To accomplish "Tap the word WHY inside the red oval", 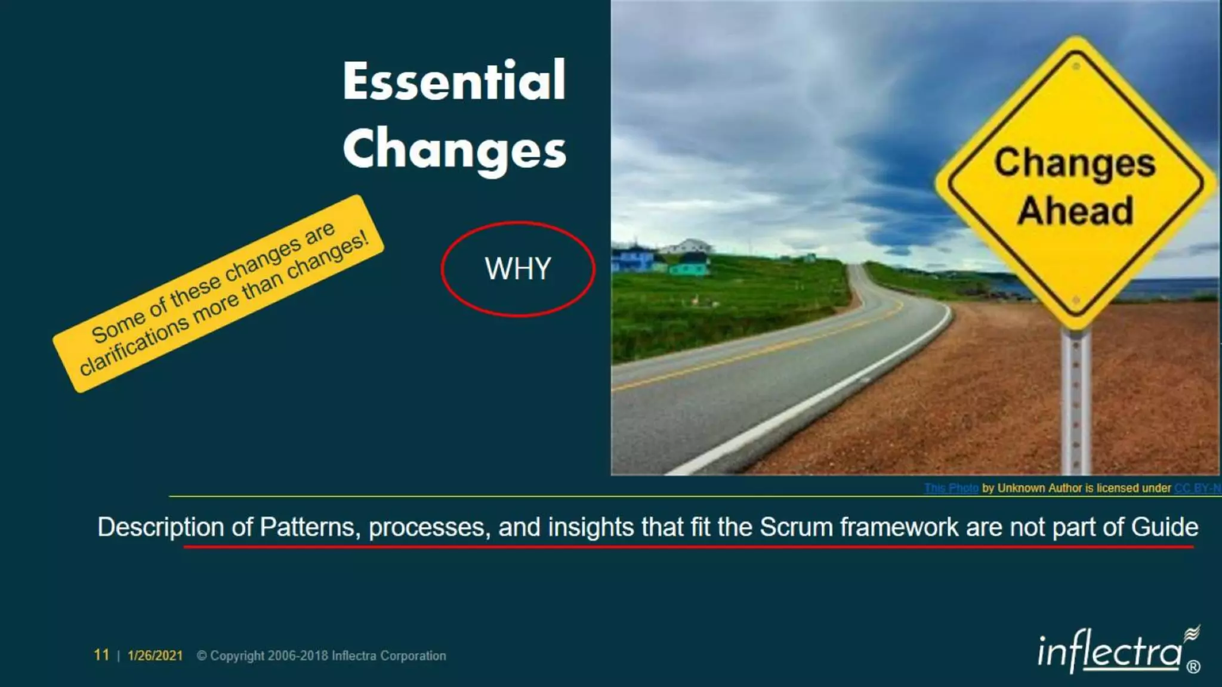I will pos(517,269).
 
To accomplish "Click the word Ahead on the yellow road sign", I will pos(1075,211).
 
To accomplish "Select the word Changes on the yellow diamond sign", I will pos(1075,163).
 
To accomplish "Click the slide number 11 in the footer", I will pos(101,655).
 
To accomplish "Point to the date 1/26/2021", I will pos(155,655).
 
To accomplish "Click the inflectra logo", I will pos(1110,652).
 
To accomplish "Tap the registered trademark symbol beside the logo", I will pos(1193,667).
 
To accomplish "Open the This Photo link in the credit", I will pos(951,488).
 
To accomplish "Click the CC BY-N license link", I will pos(1196,488).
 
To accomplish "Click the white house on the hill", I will pos(689,246).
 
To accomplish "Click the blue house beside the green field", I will pos(632,261).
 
